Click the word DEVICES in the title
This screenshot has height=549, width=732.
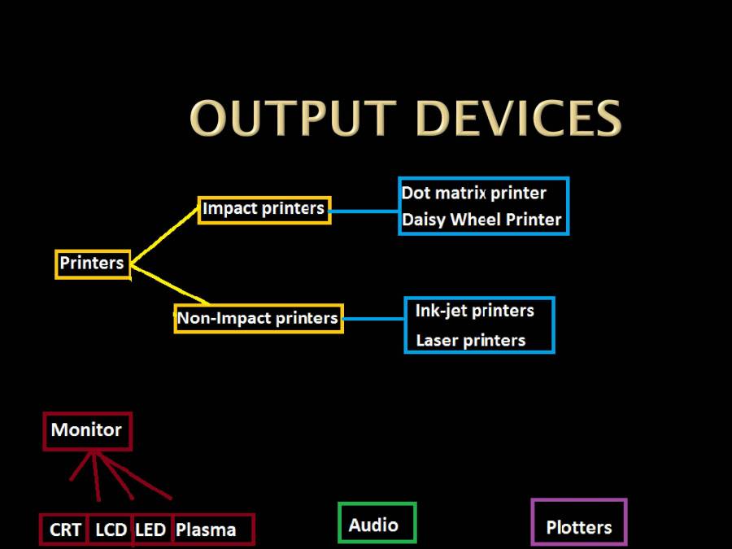coord(518,119)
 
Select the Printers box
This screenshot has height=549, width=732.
coord(93,264)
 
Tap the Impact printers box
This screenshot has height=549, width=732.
coord(264,209)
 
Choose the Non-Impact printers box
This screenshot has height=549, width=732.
coord(259,318)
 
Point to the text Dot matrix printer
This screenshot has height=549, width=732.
coord(473,194)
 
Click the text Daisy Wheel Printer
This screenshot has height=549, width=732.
coord(481,220)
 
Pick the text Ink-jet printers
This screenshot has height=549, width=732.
coord(474,311)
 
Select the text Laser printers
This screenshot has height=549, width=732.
coord(470,341)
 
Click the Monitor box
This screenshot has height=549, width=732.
coord(87,430)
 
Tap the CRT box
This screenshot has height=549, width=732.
coord(65,530)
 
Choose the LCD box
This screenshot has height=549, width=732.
coord(111,530)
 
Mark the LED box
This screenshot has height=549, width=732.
coord(150,530)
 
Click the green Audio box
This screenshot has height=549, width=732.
coord(377,523)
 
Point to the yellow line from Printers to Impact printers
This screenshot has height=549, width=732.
coord(165,236)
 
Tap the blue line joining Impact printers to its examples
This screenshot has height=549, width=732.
coord(364,211)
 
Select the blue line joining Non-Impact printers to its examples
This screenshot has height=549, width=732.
coord(373,320)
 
